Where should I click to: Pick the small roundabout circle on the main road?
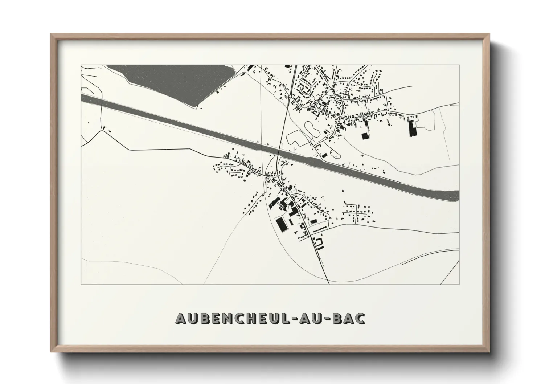[291, 96]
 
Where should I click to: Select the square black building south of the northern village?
[364, 136]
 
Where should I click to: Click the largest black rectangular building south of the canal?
[281, 224]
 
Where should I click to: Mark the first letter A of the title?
[181, 318]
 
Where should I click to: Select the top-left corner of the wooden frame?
[52, 34]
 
